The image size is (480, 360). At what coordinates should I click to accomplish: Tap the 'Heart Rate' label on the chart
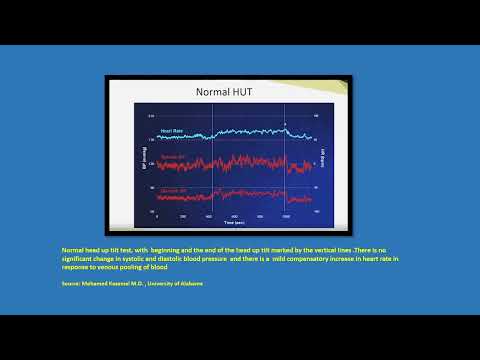pyautogui.click(x=171, y=130)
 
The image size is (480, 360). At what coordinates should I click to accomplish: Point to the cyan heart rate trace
pyautogui.click(x=240, y=132)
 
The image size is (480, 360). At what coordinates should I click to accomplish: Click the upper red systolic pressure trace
pyautogui.click(x=240, y=161)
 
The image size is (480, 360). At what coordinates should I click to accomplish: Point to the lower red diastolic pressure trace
pyautogui.click(x=240, y=194)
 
